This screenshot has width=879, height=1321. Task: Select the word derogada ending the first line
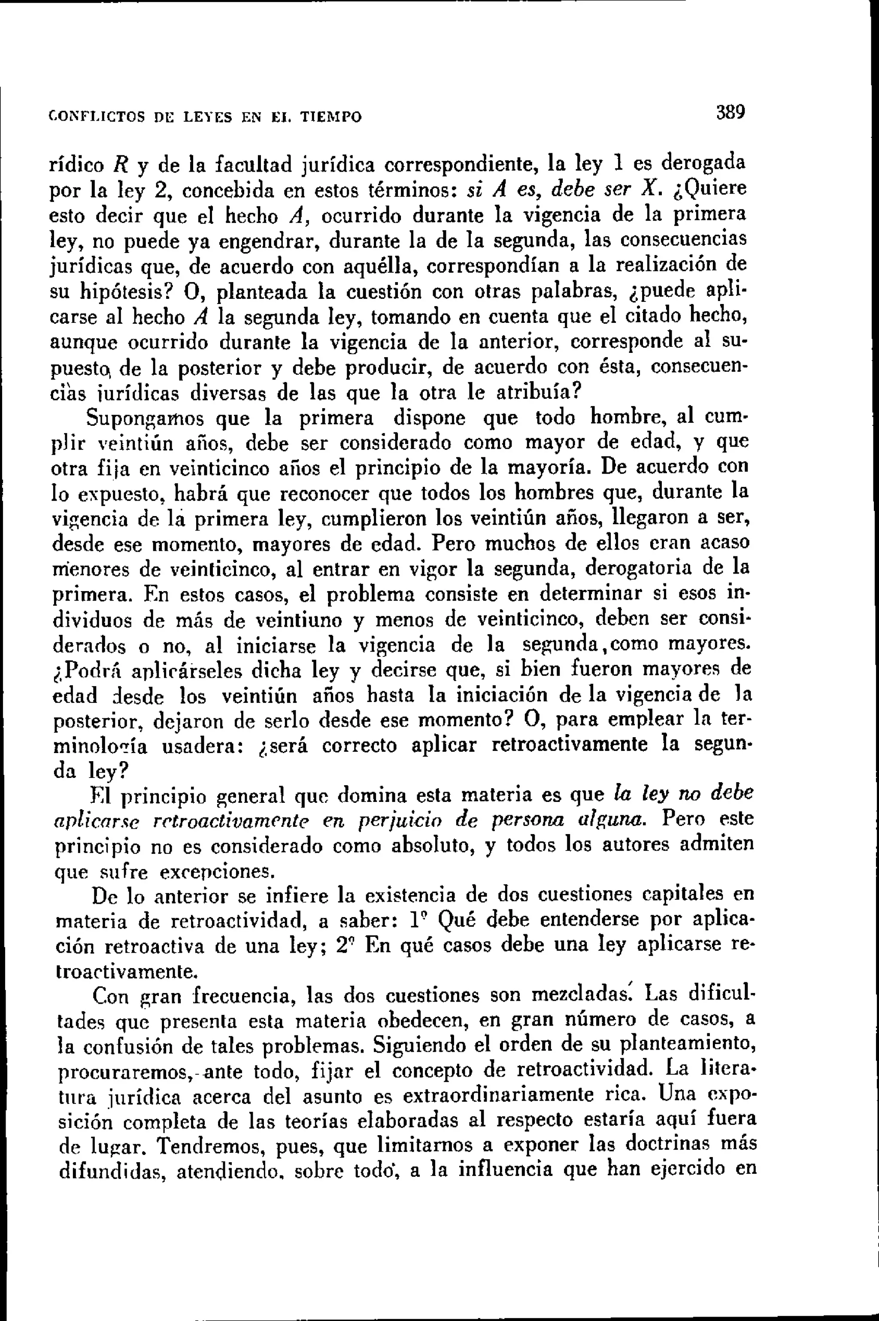coord(703,164)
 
